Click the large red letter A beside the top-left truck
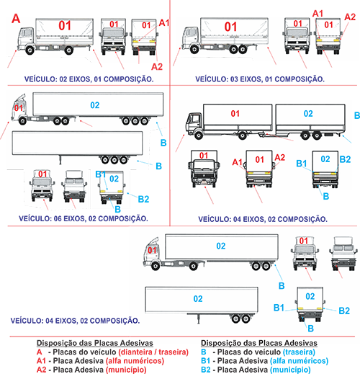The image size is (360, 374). (x=16, y=19)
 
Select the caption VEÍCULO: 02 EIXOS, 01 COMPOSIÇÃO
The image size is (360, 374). (x=89, y=79)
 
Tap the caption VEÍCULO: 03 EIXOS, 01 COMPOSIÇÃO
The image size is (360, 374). (x=260, y=79)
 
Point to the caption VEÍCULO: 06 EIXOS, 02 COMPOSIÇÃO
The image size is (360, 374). (x=84, y=218)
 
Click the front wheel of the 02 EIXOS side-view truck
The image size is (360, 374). (x=30, y=50)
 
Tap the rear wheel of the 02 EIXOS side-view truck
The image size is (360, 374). (x=68, y=50)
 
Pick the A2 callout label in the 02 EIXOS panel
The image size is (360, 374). (x=157, y=66)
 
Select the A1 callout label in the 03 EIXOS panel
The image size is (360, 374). (x=318, y=14)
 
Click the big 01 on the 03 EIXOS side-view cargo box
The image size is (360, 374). (x=230, y=27)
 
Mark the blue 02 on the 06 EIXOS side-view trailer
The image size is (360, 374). (x=95, y=105)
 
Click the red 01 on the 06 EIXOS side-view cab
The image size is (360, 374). (x=19, y=108)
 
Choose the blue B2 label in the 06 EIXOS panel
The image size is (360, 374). (x=143, y=199)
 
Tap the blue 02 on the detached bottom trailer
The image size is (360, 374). (x=198, y=299)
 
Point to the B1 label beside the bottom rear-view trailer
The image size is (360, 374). (x=279, y=308)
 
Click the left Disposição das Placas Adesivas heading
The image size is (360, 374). (x=95, y=343)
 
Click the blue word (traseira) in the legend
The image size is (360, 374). (x=299, y=352)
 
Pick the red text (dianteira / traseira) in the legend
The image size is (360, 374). (x=153, y=352)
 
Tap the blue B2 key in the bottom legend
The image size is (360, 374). (x=206, y=370)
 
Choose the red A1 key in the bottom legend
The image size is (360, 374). (x=41, y=361)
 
